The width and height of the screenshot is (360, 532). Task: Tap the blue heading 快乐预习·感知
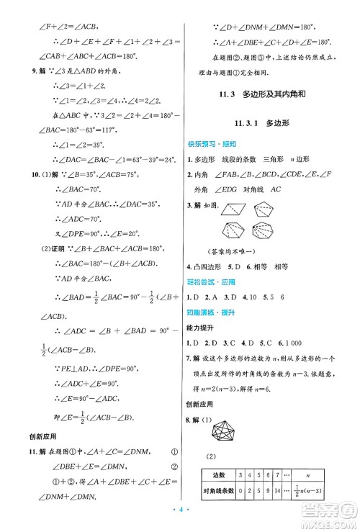pyautogui.click(x=214, y=143)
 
